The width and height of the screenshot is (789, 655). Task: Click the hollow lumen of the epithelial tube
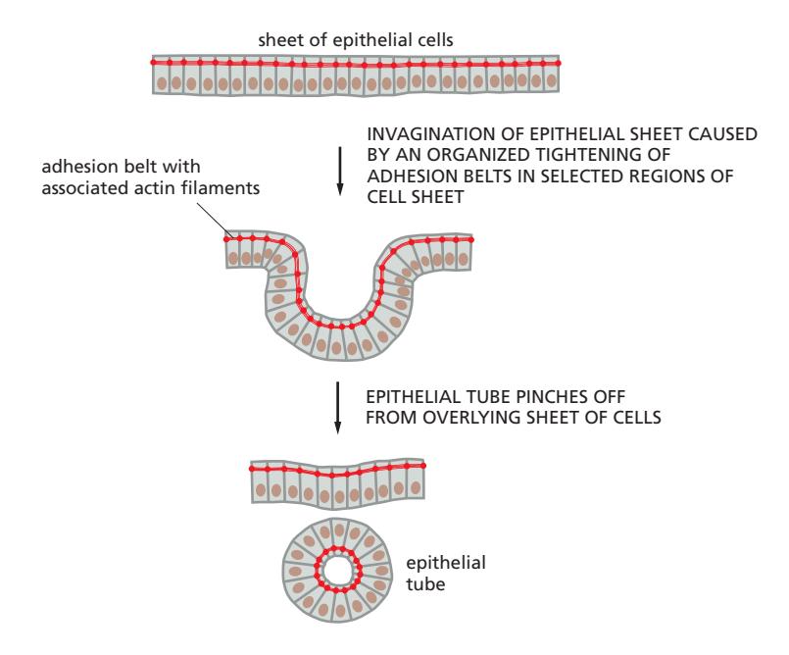(339, 568)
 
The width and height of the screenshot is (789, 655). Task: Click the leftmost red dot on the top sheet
(154, 62)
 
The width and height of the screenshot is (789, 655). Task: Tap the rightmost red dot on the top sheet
(559, 62)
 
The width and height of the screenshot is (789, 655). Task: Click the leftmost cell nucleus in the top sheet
(163, 82)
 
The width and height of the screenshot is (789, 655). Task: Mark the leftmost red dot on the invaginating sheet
(226, 238)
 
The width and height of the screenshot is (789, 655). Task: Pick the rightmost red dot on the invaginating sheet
(471, 238)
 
